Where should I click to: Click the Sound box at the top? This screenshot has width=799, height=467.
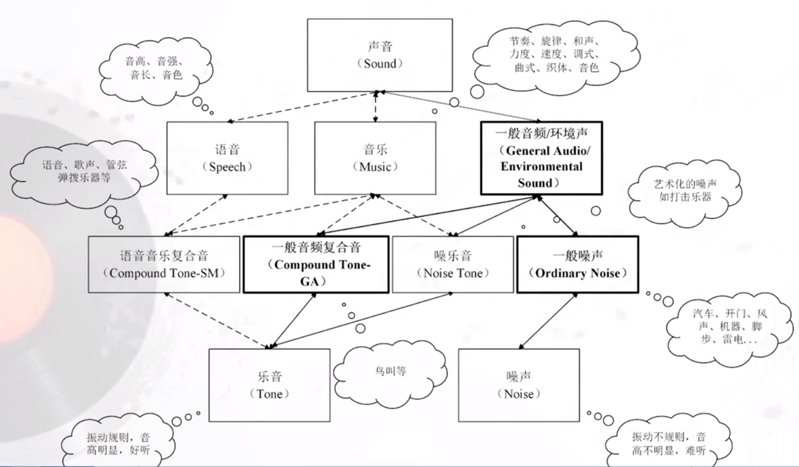pyautogui.click(x=379, y=55)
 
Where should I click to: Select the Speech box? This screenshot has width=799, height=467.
pyautogui.click(x=227, y=158)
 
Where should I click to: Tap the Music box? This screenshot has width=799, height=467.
pyautogui.click(x=375, y=158)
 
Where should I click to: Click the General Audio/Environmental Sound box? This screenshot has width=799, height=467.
pyautogui.click(x=541, y=158)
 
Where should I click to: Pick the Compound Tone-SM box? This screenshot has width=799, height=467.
pyautogui.click(x=164, y=264)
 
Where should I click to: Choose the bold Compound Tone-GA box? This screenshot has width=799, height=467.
pyautogui.click(x=316, y=264)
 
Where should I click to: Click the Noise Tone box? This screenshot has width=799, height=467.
pyautogui.click(x=453, y=264)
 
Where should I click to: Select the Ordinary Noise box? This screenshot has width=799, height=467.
pyautogui.click(x=577, y=264)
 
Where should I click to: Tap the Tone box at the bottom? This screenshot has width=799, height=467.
pyautogui.click(x=269, y=385)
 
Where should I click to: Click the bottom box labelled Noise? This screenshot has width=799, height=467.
pyautogui.click(x=519, y=385)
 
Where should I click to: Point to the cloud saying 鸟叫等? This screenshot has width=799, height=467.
pyautogui.click(x=390, y=371)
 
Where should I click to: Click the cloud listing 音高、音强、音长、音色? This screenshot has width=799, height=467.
pyautogui.click(x=155, y=69)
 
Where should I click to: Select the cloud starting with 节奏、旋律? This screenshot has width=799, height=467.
pyautogui.click(x=554, y=54)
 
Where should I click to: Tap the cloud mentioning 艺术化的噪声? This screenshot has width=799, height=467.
pyautogui.click(x=685, y=191)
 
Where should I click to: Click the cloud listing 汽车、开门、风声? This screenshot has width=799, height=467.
pyautogui.click(x=729, y=326)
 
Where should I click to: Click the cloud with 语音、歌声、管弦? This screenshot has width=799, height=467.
pyautogui.click(x=84, y=171)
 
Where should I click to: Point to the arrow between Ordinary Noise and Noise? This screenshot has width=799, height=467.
pyautogui.click(x=548, y=321)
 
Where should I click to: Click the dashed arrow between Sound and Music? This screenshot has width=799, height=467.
pyautogui.click(x=376, y=107)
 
